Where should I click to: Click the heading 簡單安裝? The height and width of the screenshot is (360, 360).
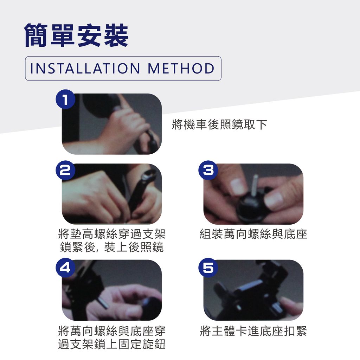pyautogui.click(x=76, y=35)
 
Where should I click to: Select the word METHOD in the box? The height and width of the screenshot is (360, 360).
pyautogui.click(x=181, y=69)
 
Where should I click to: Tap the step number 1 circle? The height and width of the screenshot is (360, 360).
pyautogui.click(x=65, y=99)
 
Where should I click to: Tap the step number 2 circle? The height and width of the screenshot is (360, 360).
pyautogui.click(x=65, y=170)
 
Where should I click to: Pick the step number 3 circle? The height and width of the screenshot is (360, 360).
pyautogui.click(x=208, y=170)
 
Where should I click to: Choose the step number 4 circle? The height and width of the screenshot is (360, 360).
pyautogui.click(x=65, y=268)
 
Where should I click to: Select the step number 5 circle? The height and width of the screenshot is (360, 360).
pyautogui.click(x=208, y=268)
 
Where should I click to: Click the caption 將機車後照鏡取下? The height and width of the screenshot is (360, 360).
pyautogui.click(x=219, y=124)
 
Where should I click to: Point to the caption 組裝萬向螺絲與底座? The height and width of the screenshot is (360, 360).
pyautogui.click(x=253, y=234)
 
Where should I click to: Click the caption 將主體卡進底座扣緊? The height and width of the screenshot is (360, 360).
pyautogui.click(x=253, y=331)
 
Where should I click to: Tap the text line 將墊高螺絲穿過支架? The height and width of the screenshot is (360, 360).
pyautogui.click(x=112, y=234)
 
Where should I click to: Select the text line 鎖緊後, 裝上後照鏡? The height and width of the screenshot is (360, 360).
pyautogui.click(x=112, y=247)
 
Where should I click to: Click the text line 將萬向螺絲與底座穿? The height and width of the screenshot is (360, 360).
pyautogui.click(x=112, y=331)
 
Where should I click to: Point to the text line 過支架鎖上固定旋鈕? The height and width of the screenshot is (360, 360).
pyautogui.click(x=112, y=344)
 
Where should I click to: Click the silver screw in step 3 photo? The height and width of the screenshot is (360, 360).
pyautogui.click(x=254, y=185)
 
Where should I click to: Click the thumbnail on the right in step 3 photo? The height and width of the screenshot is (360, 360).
pyautogui.click(x=273, y=200)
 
